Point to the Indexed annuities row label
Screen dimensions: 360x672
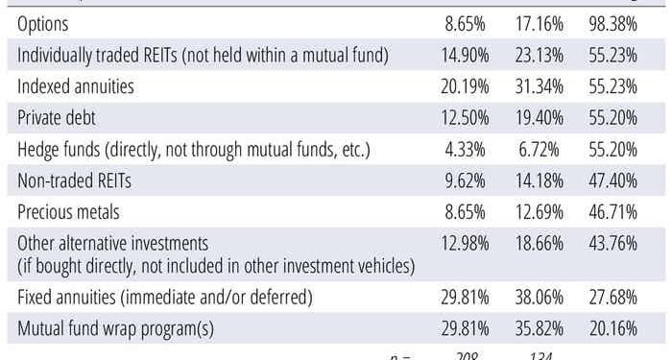coord(76,85)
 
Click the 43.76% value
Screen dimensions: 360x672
coord(612,243)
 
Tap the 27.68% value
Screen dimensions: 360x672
coord(612,297)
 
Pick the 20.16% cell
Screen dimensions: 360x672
coord(612,327)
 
